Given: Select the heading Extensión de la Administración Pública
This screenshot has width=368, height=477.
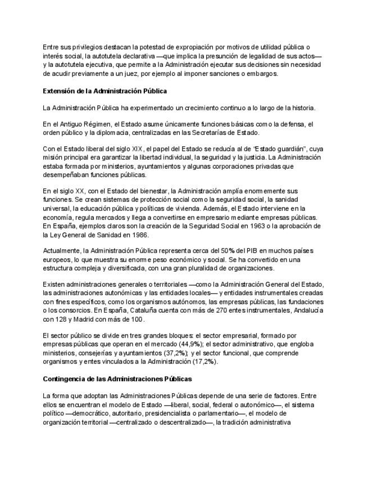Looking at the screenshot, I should click(105, 91).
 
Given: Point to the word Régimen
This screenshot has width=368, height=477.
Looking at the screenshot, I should click(96, 124).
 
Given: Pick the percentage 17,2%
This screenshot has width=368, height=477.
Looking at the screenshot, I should click(204, 362).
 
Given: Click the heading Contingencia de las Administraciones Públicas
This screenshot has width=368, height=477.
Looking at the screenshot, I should click(117, 379).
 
